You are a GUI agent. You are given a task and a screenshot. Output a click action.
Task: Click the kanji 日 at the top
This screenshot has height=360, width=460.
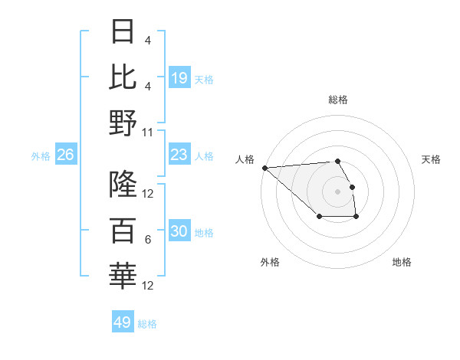point(123,32)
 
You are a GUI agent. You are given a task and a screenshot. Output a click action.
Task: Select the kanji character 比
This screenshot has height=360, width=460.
point(123,77)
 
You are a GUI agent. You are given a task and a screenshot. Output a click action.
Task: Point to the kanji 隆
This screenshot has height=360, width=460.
point(123,185)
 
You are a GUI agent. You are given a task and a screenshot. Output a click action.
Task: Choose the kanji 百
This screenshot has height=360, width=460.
point(123,230)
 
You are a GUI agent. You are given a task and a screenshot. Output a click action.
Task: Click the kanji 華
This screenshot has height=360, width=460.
point(123,276)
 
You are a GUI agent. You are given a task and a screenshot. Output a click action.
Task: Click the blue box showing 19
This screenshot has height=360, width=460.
point(179,78)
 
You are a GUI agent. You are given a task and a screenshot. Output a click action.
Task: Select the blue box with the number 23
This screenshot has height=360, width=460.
point(179,155)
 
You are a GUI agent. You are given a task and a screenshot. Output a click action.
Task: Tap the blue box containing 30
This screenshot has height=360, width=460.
point(179,232)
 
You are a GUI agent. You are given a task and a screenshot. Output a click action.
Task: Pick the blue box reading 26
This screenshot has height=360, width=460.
point(66,155)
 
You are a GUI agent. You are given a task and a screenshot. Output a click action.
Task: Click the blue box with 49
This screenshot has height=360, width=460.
point(123,322)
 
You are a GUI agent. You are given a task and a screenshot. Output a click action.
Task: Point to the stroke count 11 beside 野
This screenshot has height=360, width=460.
point(148,132)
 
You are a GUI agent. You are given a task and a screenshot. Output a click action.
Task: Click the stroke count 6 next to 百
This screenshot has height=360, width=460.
point(147,240)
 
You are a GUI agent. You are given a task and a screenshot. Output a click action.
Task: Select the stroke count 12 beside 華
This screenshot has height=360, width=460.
point(148,286)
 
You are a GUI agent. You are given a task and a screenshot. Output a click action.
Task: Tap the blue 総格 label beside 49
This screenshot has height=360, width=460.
point(148,324)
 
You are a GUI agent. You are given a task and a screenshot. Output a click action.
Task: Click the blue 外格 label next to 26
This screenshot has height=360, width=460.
point(41,156)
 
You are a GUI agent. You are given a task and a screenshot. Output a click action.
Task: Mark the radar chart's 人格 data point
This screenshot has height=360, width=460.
point(264,168)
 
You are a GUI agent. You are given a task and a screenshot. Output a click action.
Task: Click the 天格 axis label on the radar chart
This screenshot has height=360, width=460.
point(431,159)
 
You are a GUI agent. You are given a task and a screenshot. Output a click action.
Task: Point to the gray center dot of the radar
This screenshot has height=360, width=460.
point(337,191)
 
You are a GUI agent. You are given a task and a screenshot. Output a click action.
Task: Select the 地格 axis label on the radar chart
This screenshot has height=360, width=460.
point(402,262)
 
